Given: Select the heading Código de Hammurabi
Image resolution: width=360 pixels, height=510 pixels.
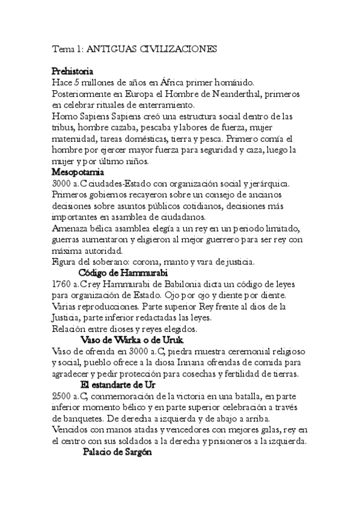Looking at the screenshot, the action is [x=123, y=273].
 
